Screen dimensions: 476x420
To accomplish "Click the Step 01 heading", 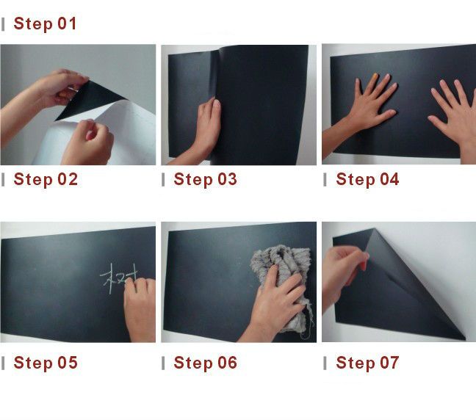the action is pyautogui.click(x=45, y=23).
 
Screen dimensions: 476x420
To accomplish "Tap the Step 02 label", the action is pyautogui.click(x=46, y=179).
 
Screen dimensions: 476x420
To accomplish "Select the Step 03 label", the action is pyautogui.click(x=205, y=179).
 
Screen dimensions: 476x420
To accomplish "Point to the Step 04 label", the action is pyautogui.click(x=367, y=179).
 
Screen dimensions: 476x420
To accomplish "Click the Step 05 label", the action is pyautogui.click(x=46, y=363).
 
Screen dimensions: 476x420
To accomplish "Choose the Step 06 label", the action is pyautogui.click(x=205, y=363).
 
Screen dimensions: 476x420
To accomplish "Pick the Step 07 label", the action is pyautogui.click(x=367, y=363).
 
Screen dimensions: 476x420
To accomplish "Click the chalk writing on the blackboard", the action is pyautogui.click(x=118, y=278).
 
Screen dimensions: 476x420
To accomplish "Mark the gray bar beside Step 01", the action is pyautogui.click(x=3, y=24).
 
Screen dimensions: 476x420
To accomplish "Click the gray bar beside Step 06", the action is pyautogui.click(x=163, y=363).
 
